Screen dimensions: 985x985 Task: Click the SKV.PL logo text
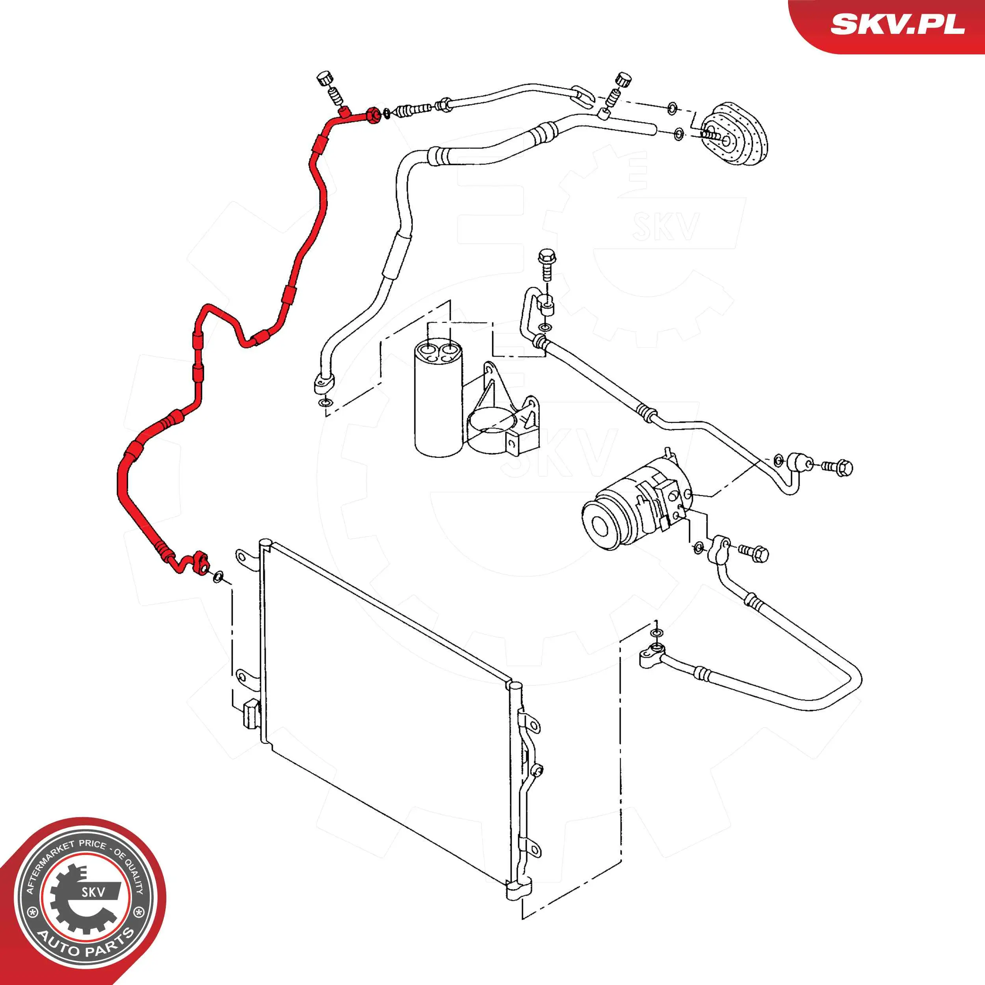coord(898,24)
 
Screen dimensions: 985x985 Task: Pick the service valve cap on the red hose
coord(324,80)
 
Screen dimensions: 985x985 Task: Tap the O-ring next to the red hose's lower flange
coord(218,576)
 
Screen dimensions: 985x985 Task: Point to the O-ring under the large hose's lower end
coord(324,404)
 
